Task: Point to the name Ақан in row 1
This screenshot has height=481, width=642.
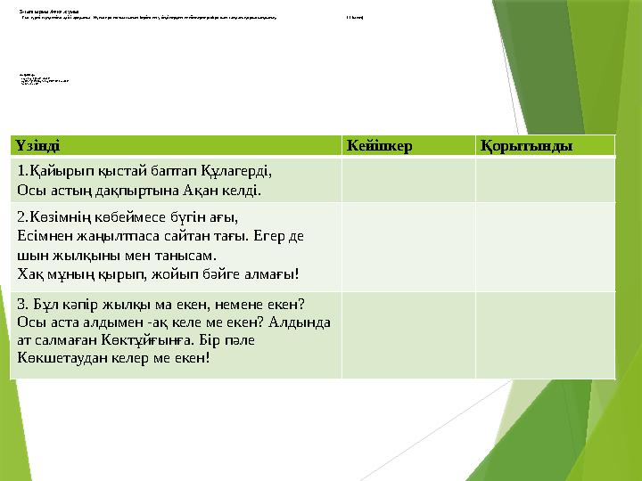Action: click(x=198, y=188)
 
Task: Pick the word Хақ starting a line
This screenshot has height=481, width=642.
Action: click(x=30, y=273)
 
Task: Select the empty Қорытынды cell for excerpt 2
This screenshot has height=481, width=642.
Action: click(x=545, y=245)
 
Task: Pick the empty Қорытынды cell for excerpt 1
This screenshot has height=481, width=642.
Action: click(x=545, y=180)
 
